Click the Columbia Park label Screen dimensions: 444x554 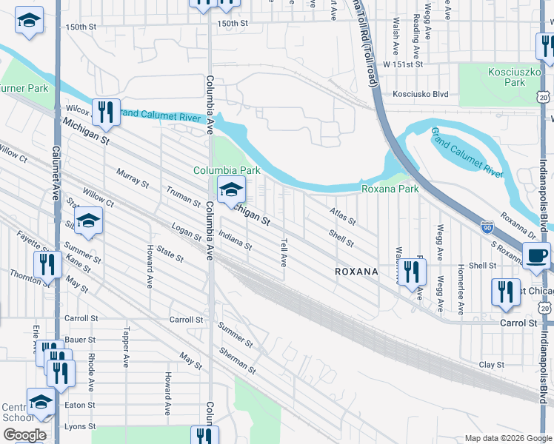click(x=227, y=170)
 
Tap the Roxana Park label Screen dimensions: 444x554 click(x=390, y=189)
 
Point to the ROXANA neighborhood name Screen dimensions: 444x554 click(x=356, y=272)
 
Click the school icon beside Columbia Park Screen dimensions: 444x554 click(x=231, y=192)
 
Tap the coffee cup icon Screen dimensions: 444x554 click(x=537, y=255)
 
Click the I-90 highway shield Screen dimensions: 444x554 click(x=486, y=229)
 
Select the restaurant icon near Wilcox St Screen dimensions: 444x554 click(x=106, y=112)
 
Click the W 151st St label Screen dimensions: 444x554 click(x=402, y=64)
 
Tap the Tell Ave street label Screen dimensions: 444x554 click(x=283, y=252)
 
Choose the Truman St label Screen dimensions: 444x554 click(x=184, y=196)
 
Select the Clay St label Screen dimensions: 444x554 click(x=491, y=365)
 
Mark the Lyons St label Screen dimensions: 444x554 click(x=80, y=426)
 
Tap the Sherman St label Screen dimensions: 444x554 click(x=237, y=360)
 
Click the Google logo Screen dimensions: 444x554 click(x=24, y=435)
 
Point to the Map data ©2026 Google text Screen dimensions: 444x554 click(x=507, y=438)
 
